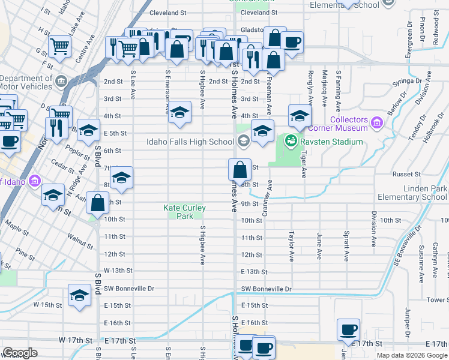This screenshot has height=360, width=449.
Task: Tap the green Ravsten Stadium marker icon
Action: (291, 142)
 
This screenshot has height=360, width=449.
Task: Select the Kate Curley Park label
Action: (184, 212)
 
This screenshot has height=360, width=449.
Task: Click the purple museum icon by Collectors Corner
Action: (377, 123)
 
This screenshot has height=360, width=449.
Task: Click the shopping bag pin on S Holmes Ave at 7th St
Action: (240, 170)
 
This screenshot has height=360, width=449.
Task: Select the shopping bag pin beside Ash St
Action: (97, 203)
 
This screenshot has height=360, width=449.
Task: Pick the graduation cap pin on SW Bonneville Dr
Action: (79, 295)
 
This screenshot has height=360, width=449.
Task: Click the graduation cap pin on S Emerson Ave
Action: (179, 113)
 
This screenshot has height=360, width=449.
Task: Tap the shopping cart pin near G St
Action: (60, 46)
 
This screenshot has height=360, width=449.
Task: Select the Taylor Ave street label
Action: (292, 246)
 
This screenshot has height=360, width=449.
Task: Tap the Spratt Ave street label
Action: (347, 247)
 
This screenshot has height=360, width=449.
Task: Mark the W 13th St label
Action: (118, 271)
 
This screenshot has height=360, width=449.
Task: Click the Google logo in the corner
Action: (20, 353)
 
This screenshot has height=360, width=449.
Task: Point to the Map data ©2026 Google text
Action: (411, 355)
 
